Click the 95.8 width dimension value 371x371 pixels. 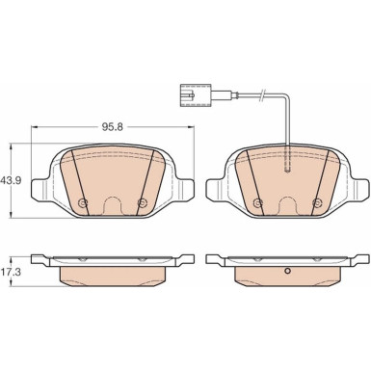[113, 127]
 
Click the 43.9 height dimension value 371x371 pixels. [11, 180]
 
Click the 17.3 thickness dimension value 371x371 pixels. [11, 273]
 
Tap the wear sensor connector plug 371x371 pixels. [196, 95]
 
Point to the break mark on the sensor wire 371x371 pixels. [263, 94]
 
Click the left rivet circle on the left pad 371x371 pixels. [83, 202]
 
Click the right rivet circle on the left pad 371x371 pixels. [142, 202]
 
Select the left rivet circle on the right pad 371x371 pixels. [258, 202]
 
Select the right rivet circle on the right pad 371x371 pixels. [317, 202]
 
